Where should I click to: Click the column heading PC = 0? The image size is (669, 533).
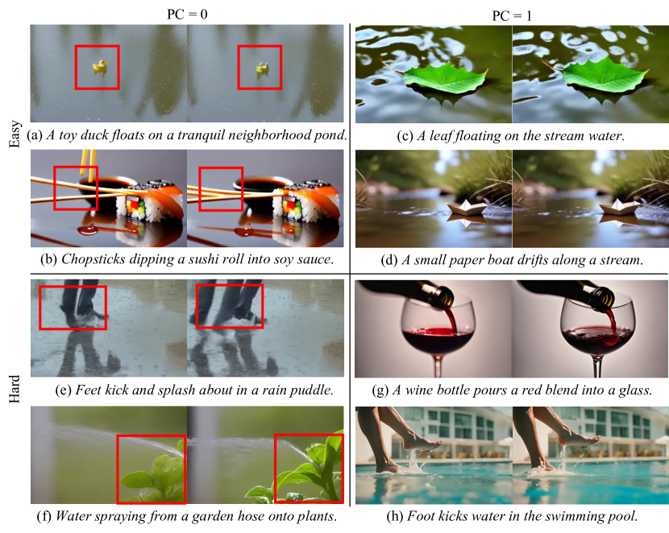187,14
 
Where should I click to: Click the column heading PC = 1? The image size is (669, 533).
512,16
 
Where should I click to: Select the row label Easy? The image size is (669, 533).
15,134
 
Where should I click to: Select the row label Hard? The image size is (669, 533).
15,389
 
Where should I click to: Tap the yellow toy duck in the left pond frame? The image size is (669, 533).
100,67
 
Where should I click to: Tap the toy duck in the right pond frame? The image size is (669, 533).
262,68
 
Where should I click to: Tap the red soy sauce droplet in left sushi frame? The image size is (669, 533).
88,230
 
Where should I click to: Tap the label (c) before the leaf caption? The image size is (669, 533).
405,135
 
